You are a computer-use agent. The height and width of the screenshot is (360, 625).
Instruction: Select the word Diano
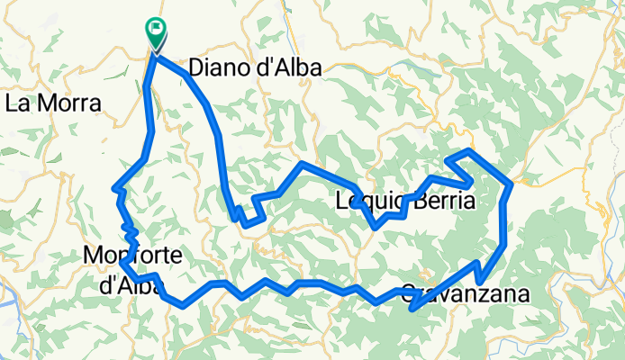click(x=218, y=69)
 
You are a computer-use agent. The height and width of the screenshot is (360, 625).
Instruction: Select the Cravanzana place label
click(x=462, y=294)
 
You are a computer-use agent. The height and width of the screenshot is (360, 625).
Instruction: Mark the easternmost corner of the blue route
click(x=512, y=184)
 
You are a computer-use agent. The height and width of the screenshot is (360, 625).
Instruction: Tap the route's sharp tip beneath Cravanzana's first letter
click(x=411, y=310)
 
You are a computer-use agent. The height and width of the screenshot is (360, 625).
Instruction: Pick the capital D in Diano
click(x=195, y=69)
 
